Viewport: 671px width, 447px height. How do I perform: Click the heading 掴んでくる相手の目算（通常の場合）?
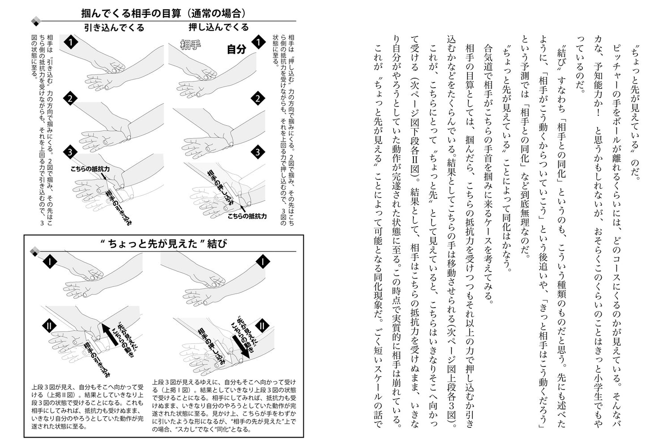(163, 12)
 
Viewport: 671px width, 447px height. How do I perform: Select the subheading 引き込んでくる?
(115, 28)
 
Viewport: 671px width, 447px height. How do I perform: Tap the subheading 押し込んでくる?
(219, 27)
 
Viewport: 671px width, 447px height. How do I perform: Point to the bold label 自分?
(237, 49)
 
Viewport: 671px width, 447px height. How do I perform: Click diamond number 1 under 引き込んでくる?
(70, 43)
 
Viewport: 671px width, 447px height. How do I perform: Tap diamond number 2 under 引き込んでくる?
(70, 99)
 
